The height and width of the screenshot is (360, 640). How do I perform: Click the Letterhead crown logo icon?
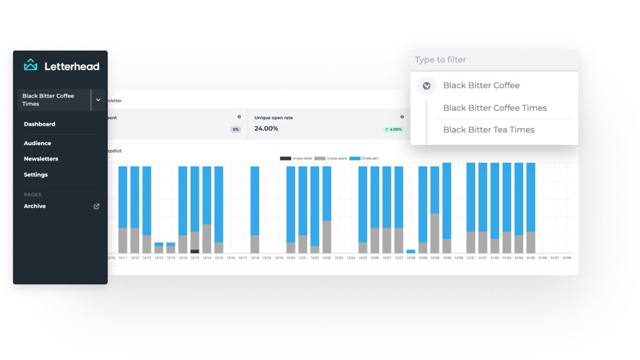[x=31, y=65]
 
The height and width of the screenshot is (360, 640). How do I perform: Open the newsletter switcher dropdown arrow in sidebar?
[x=98, y=100]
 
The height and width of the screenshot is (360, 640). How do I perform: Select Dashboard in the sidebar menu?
[x=39, y=124]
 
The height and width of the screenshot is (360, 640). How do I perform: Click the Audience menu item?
[x=37, y=143]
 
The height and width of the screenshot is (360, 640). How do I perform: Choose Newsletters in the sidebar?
[x=41, y=159]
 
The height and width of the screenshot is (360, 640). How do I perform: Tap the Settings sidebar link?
[x=36, y=175]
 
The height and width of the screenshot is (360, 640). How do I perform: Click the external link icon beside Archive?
[x=97, y=206]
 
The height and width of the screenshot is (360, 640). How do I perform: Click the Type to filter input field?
[x=494, y=60]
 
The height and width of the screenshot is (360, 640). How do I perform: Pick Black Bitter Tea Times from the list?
[x=489, y=130]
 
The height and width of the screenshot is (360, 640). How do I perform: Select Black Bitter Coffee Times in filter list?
[x=495, y=108]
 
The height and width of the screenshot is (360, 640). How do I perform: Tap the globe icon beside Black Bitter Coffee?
[x=426, y=85]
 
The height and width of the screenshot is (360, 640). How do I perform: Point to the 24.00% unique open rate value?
[x=266, y=129]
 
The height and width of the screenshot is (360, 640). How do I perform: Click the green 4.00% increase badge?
[x=393, y=129]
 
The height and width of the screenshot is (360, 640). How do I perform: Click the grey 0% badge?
[x=236, y=129]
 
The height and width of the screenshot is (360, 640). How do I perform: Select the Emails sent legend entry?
[x=364, y=158]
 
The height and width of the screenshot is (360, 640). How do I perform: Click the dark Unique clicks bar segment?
[x=195, y=251]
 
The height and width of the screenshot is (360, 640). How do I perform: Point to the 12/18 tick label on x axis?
[x=255, y=258]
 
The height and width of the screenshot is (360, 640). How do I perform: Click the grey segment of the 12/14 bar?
[x=207, y=238]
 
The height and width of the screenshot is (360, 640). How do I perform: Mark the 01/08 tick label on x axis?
[x=566, y=258]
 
